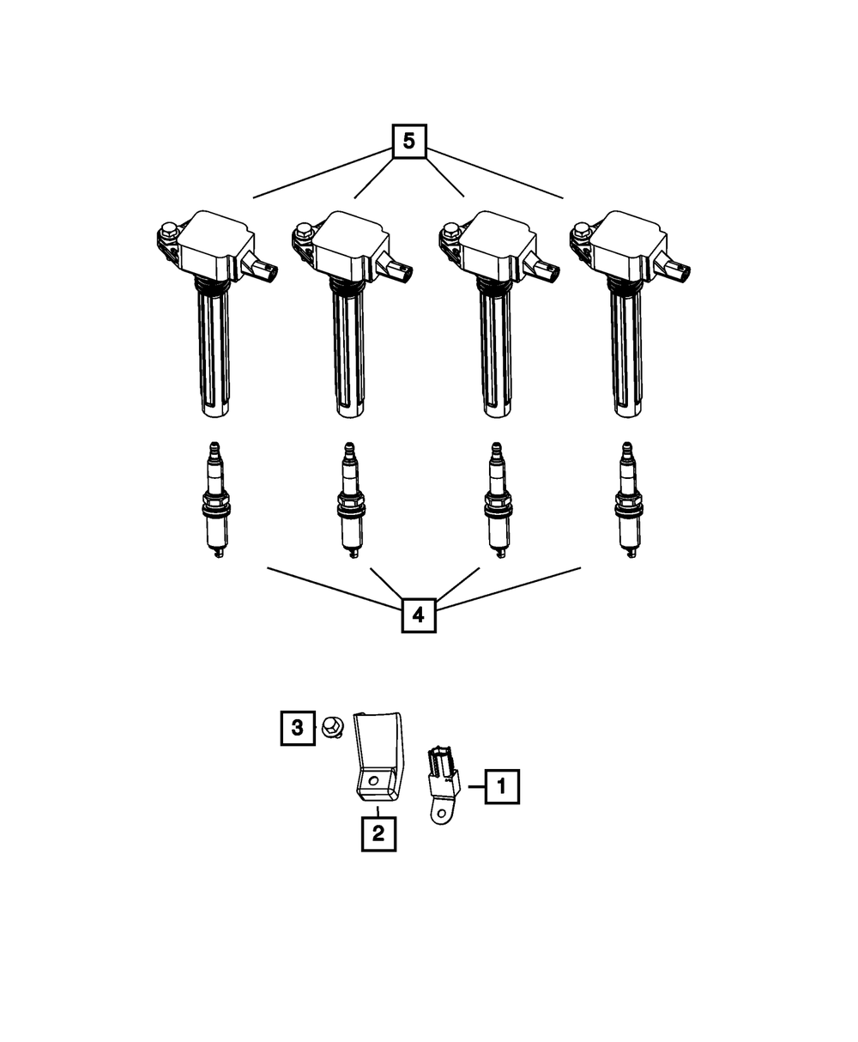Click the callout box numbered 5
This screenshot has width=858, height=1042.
click(x=408, y=142)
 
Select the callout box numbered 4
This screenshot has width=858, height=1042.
click(x=418, y=615)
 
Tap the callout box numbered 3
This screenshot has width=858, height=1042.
click(x=298, y=728)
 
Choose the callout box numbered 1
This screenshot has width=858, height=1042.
click(x=502, y=785)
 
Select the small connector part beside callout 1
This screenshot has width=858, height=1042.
click(x=443, y=777)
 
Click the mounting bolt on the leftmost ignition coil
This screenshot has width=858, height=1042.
click(x=167, y=230)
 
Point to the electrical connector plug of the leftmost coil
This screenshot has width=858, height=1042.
click(x=265, y=272)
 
